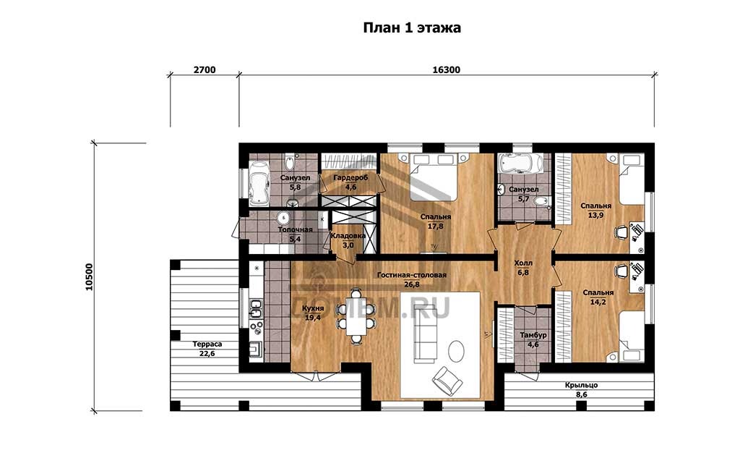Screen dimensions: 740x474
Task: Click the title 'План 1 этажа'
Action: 411,28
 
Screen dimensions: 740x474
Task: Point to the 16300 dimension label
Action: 446,70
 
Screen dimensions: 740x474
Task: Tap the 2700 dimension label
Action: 205,70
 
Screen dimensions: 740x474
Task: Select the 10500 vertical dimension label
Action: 89,276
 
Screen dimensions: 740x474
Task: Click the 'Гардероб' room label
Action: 350,178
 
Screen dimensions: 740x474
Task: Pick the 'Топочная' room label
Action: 295,229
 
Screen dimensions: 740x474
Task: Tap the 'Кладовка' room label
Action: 348,236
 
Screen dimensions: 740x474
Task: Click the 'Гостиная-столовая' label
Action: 411,275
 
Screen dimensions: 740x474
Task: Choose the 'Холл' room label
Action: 523,263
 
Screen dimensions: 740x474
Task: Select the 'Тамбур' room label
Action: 533,335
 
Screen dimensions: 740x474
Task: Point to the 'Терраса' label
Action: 207,344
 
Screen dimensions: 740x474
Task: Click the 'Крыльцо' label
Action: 582,385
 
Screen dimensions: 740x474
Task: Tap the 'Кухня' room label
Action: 314,308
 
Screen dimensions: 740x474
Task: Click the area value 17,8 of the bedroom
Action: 435,227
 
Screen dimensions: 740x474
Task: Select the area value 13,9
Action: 595,215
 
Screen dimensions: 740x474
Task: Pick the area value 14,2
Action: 598,302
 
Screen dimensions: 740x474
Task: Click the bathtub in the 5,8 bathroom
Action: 258,184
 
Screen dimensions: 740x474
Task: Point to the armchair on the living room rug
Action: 447,380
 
